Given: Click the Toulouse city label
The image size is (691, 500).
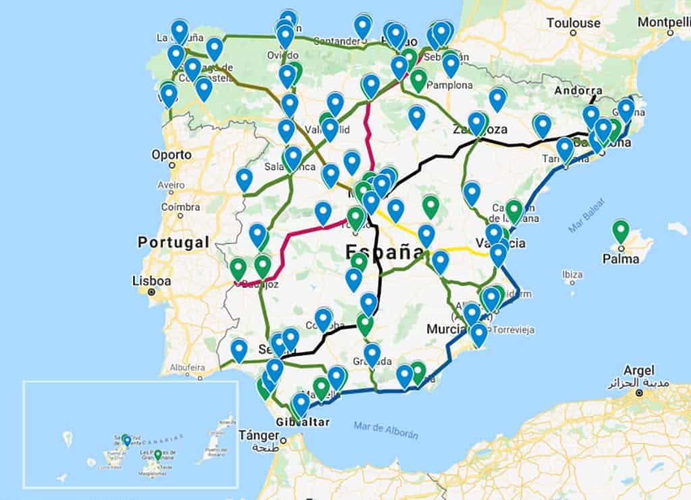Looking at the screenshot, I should [573, 22].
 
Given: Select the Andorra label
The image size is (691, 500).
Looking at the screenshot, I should [578, 91].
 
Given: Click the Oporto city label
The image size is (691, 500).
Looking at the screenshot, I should [171, 154].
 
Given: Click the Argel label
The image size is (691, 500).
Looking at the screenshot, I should [639, 370].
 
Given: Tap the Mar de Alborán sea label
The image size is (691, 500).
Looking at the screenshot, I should [385, 430].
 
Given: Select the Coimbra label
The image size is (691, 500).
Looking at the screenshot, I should [180, 207].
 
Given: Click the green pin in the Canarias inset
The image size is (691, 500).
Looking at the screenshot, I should [158, 455].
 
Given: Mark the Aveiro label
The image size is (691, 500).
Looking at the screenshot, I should [172, 184].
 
